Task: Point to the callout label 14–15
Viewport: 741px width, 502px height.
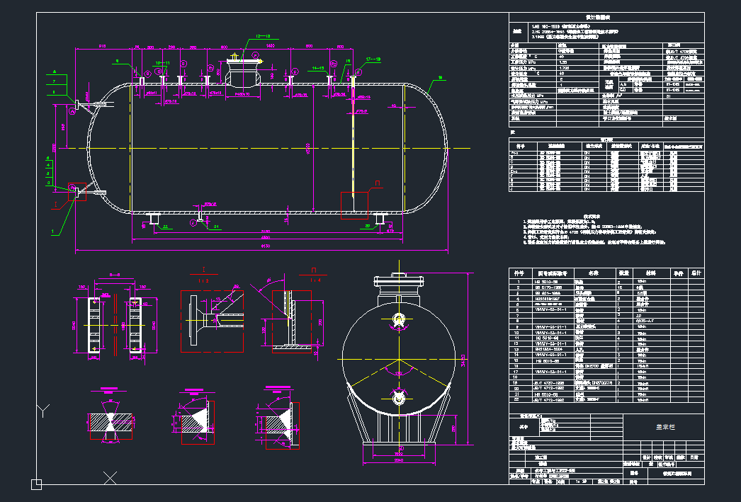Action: (x=317, y=67)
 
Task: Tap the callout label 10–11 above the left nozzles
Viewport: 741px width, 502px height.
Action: (x=162, y=62)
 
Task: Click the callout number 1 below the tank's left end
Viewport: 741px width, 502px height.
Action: (x=52, y=231)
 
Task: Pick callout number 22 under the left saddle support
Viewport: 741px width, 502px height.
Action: (x=165, y=227)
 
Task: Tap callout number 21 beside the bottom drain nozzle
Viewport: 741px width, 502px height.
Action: (x=217, y=227)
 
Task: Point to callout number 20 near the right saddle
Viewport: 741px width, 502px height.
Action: (x=368, y=227)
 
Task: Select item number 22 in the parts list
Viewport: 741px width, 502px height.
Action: (x=519, y=400)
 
